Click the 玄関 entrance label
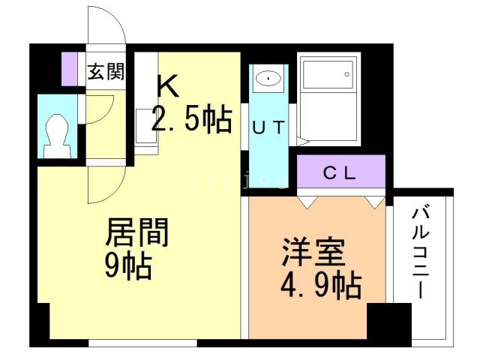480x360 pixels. (106, 73)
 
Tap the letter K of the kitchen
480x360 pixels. (167, 88)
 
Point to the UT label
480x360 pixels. (268, 127)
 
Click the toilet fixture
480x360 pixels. (56, 134)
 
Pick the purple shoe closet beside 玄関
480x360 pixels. (70, 68)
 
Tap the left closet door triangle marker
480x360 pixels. (307, 202)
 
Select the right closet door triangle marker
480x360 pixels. (375, 202)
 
